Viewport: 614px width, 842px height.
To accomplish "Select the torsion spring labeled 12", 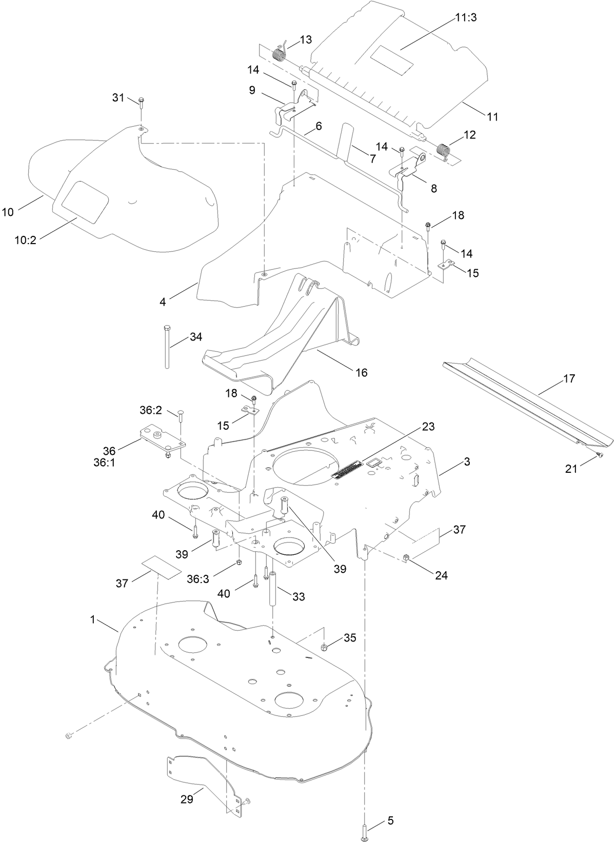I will [443, 150].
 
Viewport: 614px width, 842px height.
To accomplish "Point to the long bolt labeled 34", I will [167, 346].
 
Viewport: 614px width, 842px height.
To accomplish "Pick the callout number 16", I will [362, 372].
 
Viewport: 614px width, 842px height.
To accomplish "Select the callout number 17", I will [569, 379].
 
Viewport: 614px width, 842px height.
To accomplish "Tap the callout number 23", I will [428, 427].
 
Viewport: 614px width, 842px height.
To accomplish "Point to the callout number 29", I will [187, 799].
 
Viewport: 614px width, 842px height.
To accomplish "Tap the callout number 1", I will [93, 619].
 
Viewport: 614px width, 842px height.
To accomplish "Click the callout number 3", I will [466, 462].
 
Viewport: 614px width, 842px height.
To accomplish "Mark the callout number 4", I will [163, 302].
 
